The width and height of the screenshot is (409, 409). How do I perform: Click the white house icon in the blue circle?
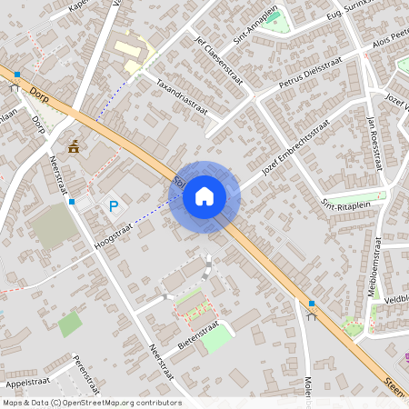(204, 195)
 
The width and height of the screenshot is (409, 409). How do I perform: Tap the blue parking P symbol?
(114, 206)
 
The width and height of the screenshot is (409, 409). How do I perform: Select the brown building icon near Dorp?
(74, 145)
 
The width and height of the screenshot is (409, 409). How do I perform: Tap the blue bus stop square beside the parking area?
(72, 202)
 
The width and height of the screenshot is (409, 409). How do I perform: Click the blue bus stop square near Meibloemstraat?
(312, 303)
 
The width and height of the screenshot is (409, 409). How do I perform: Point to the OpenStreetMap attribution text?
(92, 403)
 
